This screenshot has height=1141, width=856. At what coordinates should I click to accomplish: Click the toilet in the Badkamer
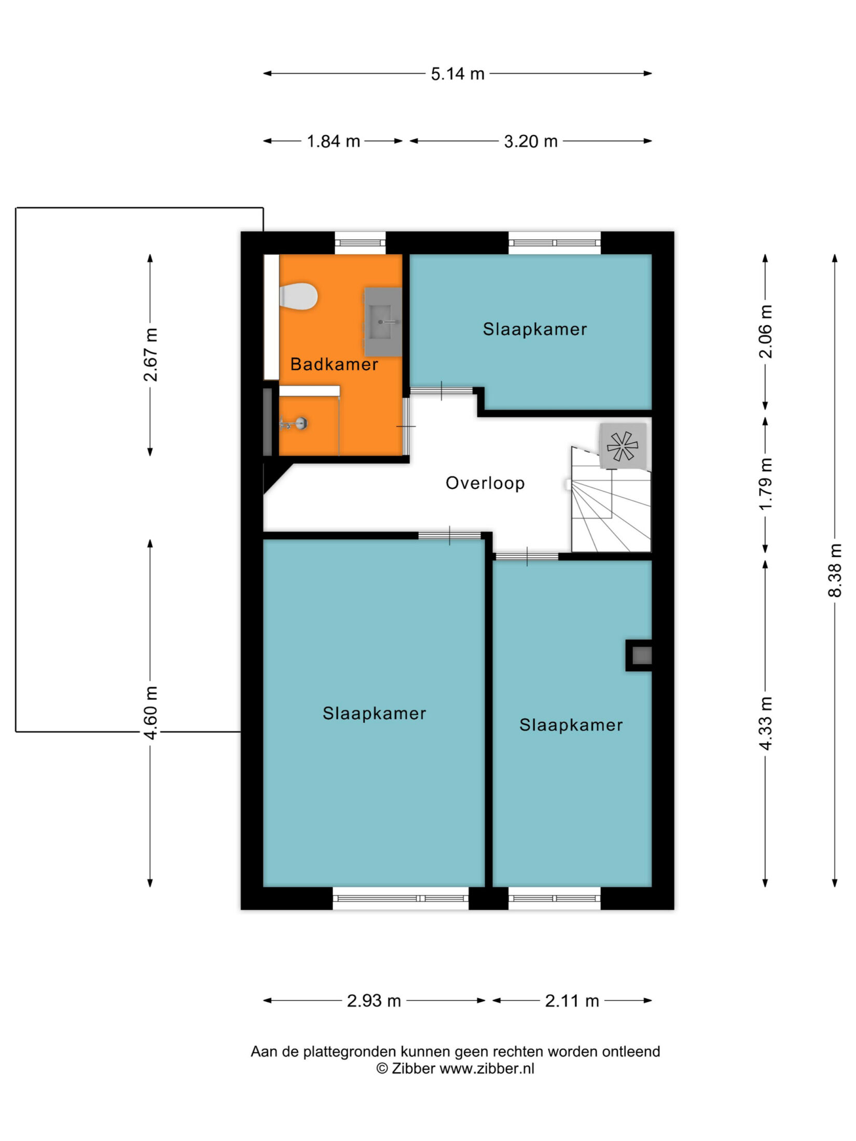point(298,297)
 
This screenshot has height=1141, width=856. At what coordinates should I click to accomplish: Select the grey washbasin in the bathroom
point(383,322)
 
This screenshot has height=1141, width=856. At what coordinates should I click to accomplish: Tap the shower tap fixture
point(294,424)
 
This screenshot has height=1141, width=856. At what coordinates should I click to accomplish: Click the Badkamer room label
point(334,364)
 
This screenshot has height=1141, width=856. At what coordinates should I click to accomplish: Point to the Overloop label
point(485,483)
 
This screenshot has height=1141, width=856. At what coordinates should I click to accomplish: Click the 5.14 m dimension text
point(458,74)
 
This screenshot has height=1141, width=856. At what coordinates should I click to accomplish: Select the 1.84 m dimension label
point(334,141)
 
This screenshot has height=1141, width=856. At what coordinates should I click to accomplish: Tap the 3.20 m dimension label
point(531,141)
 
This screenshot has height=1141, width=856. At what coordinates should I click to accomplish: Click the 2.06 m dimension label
point(766,331)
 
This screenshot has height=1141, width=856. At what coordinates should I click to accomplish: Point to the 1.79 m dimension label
point(766,484)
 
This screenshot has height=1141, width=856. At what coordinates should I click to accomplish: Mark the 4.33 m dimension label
point(766,723)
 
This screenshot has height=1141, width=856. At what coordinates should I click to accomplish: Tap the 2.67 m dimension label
point(150,355)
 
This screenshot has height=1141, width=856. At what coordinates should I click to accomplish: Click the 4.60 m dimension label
point(150,713)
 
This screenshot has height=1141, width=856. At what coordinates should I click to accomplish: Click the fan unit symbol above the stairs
point(623,446)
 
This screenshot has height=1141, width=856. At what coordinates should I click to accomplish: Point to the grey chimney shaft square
point(642,656)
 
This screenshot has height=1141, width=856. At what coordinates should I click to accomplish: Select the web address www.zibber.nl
point(487,1068)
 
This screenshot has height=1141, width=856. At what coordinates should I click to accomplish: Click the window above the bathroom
point(360,243)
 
